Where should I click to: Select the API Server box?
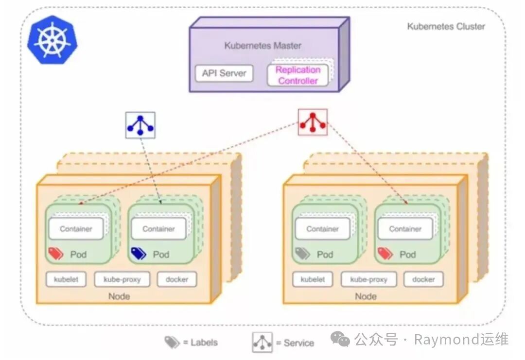pyautogui.click(x=224, y=73)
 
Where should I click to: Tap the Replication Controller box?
pyautogui.click(x=297, y=75)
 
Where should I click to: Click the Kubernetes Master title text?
pyautogui.click(x=262, y=46)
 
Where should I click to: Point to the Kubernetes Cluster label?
pyautogui.click(x=446, y=27)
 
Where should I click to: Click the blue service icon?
pyautogui.click(x=140, y=125)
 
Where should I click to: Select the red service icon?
pyautogui.click(x=312, y=122)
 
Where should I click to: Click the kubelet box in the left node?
pyautogui.click(x=66, y=279)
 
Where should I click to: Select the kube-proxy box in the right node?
pyautogui.click(x=368, y=279)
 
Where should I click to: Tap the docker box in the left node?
pyautogui.click(x=177, y=279)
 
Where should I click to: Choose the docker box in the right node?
pyautogui.click(x=423, y=279)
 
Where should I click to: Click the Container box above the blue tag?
pyautogui.click(x=158, y=229)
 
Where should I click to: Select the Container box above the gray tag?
pyautogui.click(x=323, y=229)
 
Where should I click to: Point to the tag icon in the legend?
pyautogui.click(x=172, y=343)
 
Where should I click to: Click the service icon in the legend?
pyautogui.click(x=262, y=343)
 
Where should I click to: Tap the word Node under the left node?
pyautogui.click(x=119, y=296)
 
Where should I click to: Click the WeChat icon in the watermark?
pyautogui.click(x=340, y=340)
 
